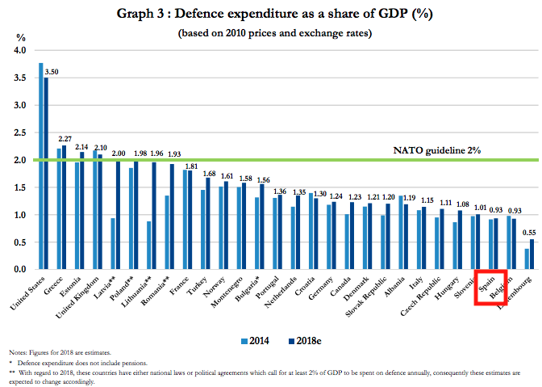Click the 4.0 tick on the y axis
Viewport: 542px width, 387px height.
(19, 51)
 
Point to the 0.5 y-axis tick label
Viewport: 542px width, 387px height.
(19, 242)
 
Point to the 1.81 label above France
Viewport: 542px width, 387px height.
(190, 166)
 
